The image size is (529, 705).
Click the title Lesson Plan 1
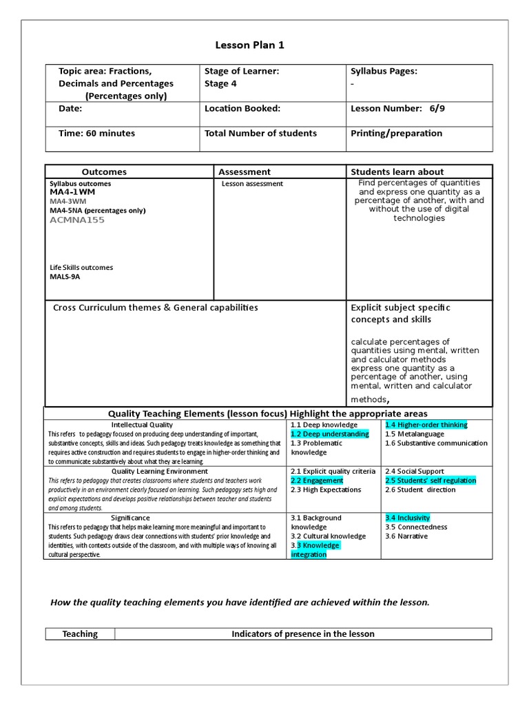249,45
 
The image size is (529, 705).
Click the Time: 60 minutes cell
96,134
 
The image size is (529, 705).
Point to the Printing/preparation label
396,134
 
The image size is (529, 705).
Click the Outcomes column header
104,172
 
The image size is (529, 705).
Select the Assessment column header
245,172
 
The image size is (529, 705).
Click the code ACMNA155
77,220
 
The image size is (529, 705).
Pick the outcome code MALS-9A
65,277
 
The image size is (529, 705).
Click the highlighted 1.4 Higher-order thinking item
426,425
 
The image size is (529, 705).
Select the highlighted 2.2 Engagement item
317,481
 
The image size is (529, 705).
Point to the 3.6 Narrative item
406,536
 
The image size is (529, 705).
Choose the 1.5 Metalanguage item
415,434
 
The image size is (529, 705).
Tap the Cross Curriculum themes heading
156,308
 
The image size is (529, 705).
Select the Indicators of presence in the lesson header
303,634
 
